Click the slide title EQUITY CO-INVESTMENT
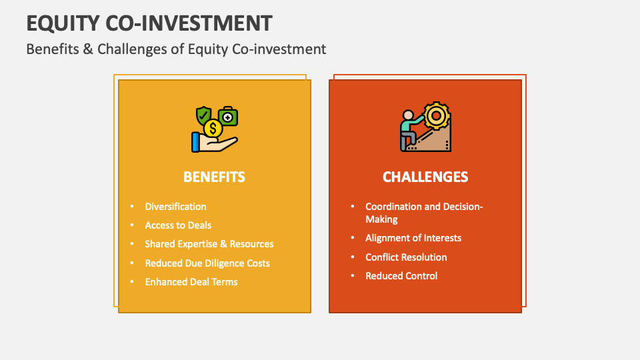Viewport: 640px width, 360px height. click(x=149, y=23)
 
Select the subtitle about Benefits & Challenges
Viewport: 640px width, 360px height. click(x=176, y=49)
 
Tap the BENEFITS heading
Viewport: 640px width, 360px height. click(x=214, y=177)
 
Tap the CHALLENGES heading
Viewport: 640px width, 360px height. click(x=425, y=177)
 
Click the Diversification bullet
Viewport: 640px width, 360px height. click(x=175, y=207)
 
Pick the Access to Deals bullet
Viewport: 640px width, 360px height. click(x=178, y=225)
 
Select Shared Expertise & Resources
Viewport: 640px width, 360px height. click(x=209, y=244)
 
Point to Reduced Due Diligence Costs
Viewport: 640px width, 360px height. click(x=207, y=263)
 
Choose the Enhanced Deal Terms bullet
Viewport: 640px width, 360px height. click(x=191, y=281)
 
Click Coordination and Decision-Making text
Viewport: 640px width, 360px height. click(x=424, y=213)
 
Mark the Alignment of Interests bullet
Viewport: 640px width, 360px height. click(x=413, y=238)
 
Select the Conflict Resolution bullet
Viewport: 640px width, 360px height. click(x=406, y=257)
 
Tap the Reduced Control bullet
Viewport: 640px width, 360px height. click(x=401, y=275)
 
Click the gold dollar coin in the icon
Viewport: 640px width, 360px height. click(x=213, y=128)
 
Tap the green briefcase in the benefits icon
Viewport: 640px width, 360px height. click(x=227, y=117)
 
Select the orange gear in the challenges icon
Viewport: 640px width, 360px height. click(x=437, y=116)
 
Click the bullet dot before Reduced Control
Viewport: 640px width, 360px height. click(x=353, y=275)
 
